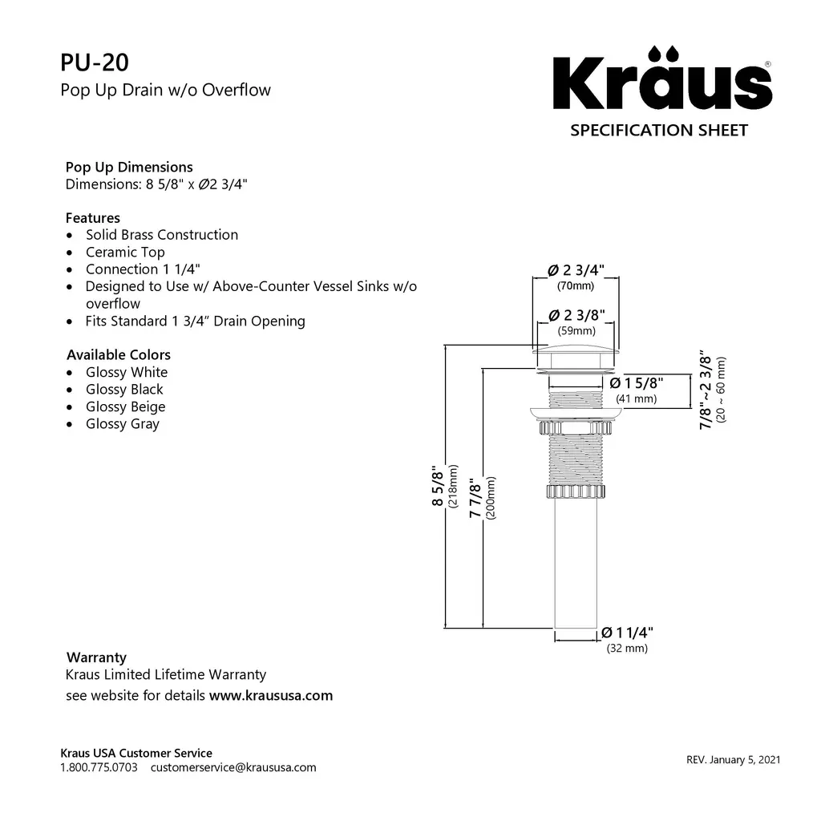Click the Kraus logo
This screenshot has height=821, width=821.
(x=660, y=83)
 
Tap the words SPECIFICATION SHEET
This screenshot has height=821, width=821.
(x=658, y=130)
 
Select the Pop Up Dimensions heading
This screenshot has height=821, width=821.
(x=129, y=167)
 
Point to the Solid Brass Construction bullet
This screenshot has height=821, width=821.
(x=162, y=235)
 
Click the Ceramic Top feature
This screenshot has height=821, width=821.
(x=125, y=252)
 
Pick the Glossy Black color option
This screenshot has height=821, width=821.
(x=124, y=390)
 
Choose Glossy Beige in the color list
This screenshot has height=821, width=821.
(x=125, y=406)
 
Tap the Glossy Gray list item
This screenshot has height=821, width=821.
(x=123, y=424)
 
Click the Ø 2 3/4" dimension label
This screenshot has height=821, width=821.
(x=576, y=269)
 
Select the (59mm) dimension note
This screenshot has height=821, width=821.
(x=576, y=330)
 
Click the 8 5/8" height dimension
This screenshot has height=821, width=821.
(x=437, y=485)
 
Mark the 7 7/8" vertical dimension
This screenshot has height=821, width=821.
(x=475, y=499)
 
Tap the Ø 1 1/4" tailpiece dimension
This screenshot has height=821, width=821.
(x=627, y=633)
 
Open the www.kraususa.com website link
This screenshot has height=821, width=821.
(x=271, y=695)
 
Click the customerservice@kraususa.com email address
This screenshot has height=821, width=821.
(x=233, y=767)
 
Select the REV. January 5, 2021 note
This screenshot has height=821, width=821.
(x=733, y=759)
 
